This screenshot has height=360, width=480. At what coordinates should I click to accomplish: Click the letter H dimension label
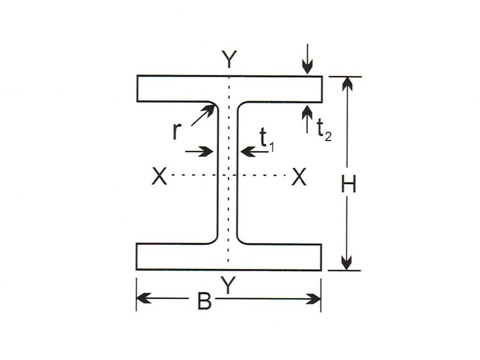(x=348, y=185)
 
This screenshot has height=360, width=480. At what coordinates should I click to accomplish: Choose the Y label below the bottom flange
(x=229, y=287)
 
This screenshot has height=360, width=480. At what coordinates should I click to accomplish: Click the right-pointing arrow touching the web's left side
(x=207, y=152)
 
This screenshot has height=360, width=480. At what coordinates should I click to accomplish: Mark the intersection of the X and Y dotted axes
(x=228, y=175)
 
